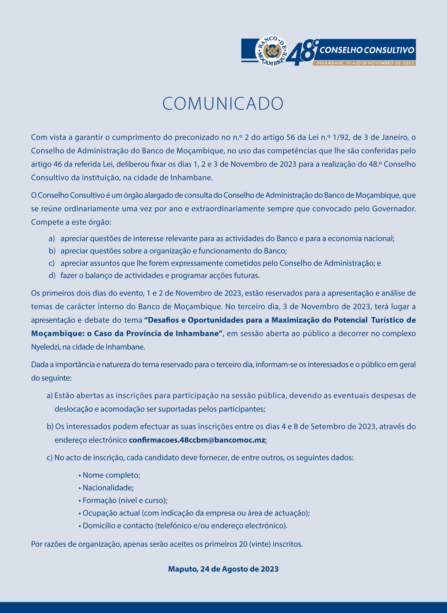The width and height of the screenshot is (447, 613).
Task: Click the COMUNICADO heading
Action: (223, 104)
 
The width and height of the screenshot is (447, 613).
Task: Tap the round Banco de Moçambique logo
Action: (272, 51)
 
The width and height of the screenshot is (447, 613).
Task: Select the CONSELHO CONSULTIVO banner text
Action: (367, 50)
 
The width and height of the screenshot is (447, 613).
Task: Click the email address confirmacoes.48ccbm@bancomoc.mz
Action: (197, 440)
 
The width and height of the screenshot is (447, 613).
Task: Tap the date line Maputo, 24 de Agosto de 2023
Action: (223, 569)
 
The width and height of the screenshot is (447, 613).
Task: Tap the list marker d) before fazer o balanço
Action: (52, 276)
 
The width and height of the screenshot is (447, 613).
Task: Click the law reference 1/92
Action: (341, 137)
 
